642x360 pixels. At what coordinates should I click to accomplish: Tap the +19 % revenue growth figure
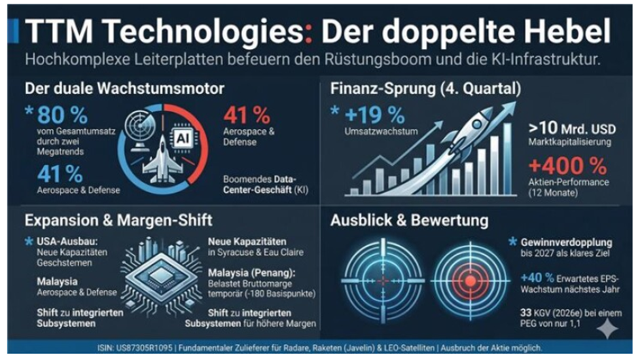(x=374, y=115)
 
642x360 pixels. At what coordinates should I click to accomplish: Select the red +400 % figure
(x=568, y=166)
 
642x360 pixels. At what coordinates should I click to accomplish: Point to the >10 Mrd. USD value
(x=572, y=128)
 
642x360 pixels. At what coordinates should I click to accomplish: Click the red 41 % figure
(x=247, y=115)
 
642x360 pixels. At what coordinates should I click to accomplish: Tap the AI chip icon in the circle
(x=183, y=139)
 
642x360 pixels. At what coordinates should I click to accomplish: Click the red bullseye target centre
(x=470, y=281)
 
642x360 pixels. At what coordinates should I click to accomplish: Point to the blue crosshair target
(x=383, y=281)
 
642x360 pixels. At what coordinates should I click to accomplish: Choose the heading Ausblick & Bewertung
(x=409, y=220)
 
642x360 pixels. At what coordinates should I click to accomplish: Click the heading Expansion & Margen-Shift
(x=118, y=220)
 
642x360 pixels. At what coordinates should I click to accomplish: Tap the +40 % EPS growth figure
(x=537, y=278)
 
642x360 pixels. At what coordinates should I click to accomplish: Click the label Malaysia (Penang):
(x=251, y=273)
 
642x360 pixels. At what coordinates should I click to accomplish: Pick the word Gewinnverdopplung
(x=567, y=242)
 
